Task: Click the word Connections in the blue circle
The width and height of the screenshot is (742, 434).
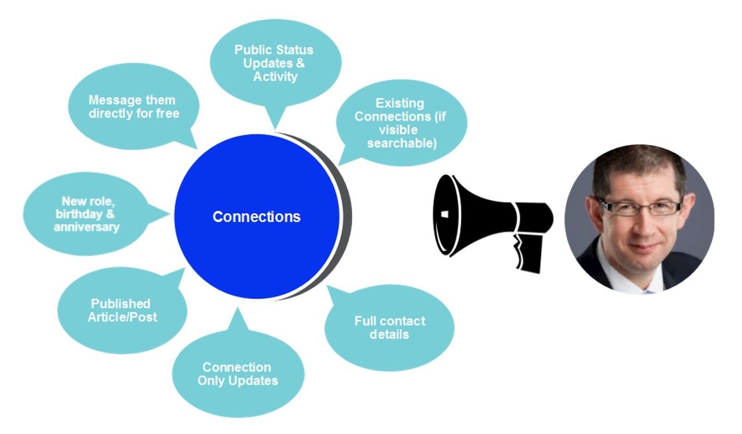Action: pos(256,217)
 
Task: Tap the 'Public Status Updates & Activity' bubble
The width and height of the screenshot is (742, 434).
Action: pos(275,63)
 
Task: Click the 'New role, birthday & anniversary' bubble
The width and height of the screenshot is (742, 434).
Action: pos(91,213)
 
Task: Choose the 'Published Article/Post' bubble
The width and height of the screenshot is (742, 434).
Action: pos(122,310)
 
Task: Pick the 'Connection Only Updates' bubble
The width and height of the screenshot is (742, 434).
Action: pos(237,374)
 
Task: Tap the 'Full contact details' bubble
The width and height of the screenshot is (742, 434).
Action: pos(389,327)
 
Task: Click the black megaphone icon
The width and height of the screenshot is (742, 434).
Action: pos(491,215)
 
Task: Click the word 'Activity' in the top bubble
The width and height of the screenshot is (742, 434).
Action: pos(275,76)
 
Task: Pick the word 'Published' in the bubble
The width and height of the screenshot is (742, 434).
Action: pos(121,303)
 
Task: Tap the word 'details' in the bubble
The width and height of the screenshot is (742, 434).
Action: pos(389,334)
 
